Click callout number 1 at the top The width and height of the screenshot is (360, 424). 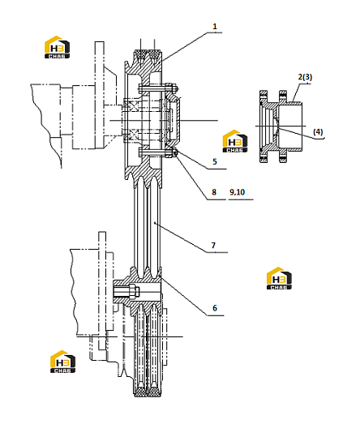click(x=215, y=27)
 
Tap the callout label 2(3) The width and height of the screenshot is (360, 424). click(x=305, y=77)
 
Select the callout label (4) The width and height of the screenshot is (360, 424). click(x=318, y=131)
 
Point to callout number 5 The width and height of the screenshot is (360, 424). click(x=215, y=161)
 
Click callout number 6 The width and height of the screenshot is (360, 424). click(x=215, y=308)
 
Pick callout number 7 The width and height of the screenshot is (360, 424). click(x=213, y=246)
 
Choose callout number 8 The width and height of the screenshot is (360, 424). click(x=214, y=192)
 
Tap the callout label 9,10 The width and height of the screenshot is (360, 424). click(x=238, y=192)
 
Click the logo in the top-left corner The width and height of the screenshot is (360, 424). click(x=57, y=47)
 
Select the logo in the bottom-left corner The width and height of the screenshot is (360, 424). click(x=62, y=362)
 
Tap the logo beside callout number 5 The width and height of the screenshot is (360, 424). click(x=235, y=141)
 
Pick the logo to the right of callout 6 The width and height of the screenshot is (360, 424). click(x=279, y=278)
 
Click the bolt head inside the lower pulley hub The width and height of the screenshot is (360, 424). click(x=135, y=292)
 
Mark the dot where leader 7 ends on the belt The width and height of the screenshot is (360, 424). click(x=155, y=223)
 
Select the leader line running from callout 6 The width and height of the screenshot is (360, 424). click(x=185, y=296)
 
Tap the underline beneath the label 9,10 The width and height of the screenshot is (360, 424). click(x=241, y=199)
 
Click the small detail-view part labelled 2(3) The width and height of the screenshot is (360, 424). click(x=281, y=126)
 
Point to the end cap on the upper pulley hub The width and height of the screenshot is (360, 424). click(x=172, y=120)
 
